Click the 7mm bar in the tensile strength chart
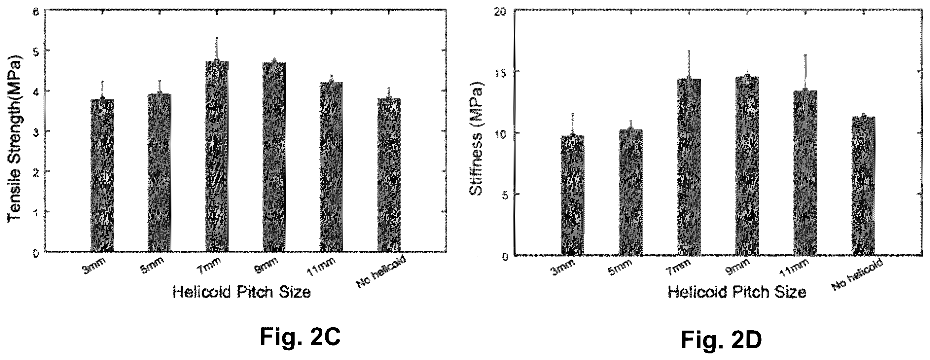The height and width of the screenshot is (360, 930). [217, 156]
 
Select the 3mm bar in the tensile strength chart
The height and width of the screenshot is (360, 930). [102, 175]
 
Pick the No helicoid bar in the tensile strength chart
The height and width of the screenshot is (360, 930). [389, 175]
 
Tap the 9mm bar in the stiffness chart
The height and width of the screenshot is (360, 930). [747, 166]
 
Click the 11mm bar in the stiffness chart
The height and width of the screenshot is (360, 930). [805, 173]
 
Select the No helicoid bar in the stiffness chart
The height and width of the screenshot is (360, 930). [863, 186]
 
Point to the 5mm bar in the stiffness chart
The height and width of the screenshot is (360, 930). [631, 193]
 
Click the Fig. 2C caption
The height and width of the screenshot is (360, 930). [300, 327]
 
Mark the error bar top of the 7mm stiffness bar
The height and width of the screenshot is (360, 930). [689, 50]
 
